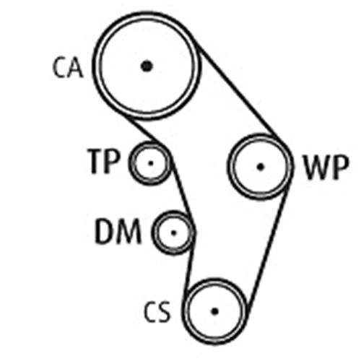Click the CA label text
pos(68,68)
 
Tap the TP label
pos(104,161)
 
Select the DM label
pos(118,231)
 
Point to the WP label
pos(326,168)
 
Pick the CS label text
pos(157,312)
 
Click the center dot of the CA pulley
pos(147,66)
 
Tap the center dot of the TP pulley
pos(151,163)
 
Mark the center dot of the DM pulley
pos(174,232)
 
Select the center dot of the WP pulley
pos(260,167)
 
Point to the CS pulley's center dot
pos(214,311)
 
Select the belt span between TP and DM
pos(182,190)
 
